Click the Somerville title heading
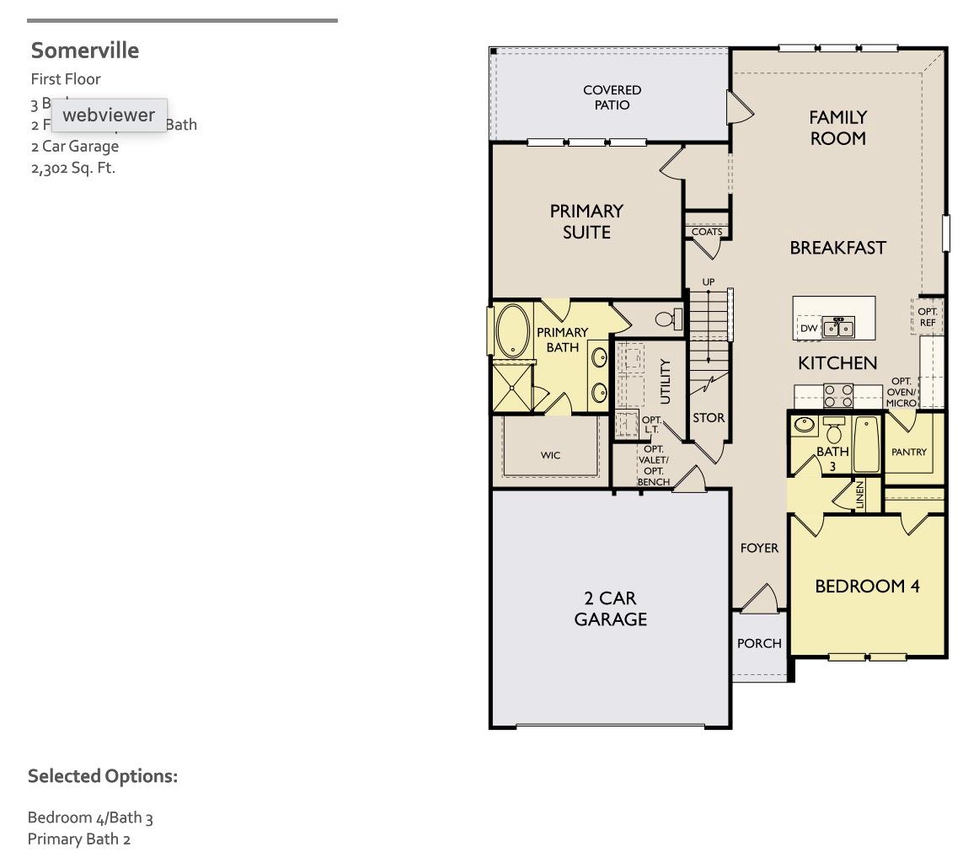(x=85, y=51)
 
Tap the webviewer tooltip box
(x=109, y=115)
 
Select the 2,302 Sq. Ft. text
(x=73, y=168)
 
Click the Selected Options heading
(x=103, y=776)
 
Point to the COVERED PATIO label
(x=612, y=98)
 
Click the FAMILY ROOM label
(x=837, y=128)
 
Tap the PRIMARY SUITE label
(x=586, y=222)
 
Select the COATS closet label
(x=706, y=232)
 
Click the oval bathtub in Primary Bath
(x=512, y=331)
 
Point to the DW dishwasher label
(x=809, y=329)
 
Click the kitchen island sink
(x=838, y=327)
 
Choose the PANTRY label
(x=909, y=453)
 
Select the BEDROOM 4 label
(x=867, y=586)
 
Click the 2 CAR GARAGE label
(x=611, y=608)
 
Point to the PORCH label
(x=759, y=643)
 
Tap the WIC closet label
(x=550, y=455)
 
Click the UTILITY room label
(x=666, y=381)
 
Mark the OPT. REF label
(x=928, y=317)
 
